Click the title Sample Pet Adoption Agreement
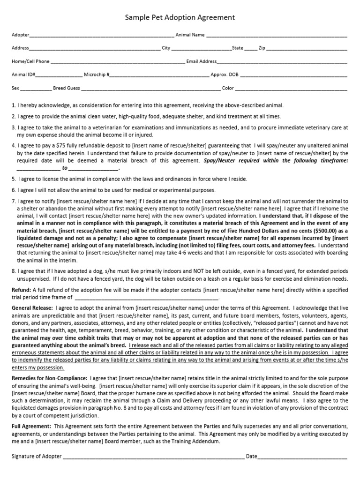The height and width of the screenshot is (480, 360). point(180,18)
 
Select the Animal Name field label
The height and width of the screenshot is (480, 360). point(190,35)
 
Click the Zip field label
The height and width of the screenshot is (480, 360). point(262,48)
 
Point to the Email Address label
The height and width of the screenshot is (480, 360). point(202,61)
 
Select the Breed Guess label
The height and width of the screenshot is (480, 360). point(67,88)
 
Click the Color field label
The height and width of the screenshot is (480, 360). point(228,88)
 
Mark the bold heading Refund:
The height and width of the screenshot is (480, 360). point(21,291)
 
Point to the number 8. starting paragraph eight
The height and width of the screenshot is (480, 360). point(14,271)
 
